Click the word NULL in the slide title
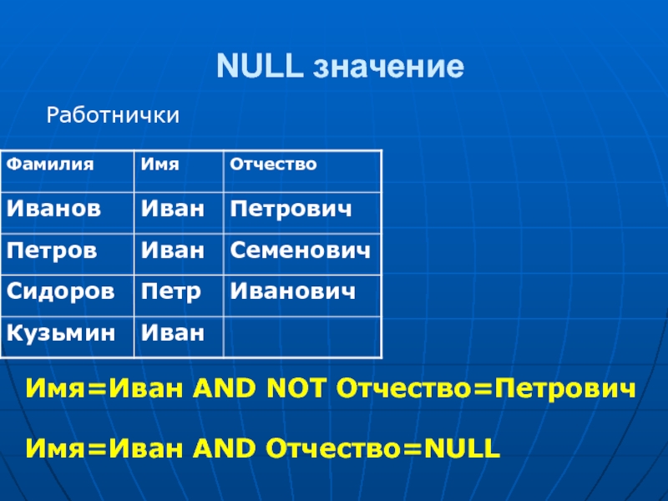260,66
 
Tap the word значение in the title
388,67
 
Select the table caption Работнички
113,115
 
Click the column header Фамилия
50,164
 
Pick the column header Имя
159,164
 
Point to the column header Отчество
274,164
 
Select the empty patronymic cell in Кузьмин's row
302,337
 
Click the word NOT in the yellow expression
296,388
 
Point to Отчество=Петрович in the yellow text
486,389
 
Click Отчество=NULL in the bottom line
383,448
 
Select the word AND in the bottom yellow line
224,448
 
